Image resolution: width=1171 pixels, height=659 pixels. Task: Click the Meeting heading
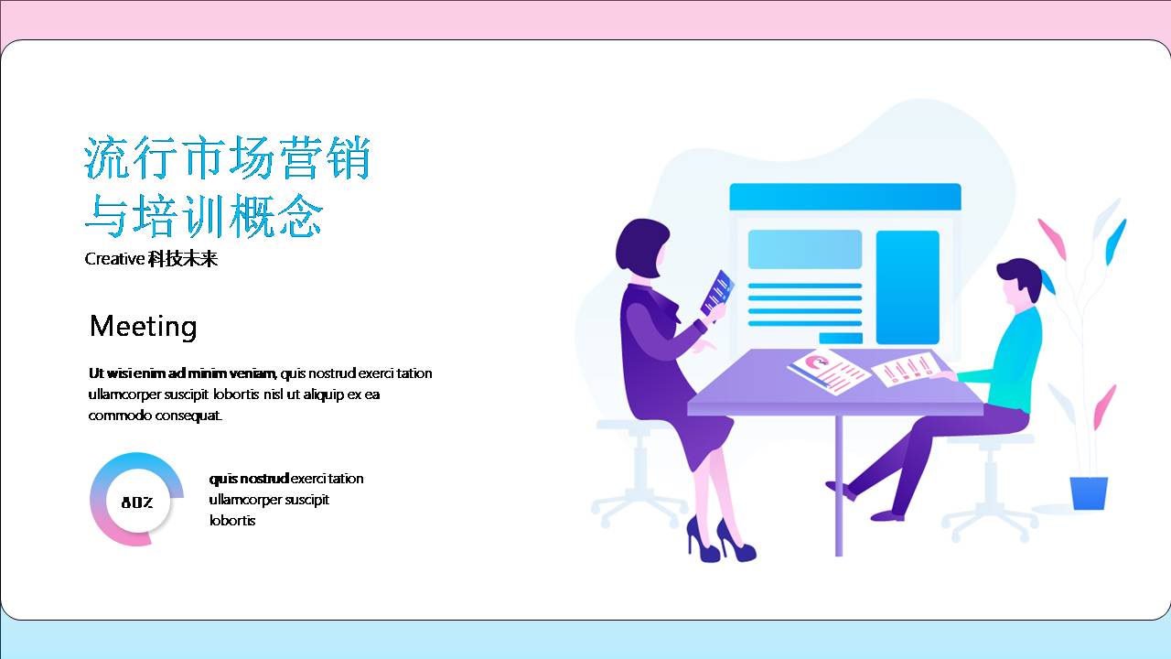(143, 327)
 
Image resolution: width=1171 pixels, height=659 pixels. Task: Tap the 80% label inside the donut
(136, 502)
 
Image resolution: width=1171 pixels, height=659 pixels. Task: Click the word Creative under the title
(114, 259)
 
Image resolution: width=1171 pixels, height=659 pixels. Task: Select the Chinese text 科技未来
(183, 259)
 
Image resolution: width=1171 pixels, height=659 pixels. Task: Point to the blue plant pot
(1089, 492)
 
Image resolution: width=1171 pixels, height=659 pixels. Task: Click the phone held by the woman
(717, 292)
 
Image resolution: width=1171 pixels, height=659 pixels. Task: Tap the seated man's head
(1018, 283)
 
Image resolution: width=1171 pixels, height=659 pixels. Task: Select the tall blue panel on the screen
(908, 286)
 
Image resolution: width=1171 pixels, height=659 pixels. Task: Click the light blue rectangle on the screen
(805, 249)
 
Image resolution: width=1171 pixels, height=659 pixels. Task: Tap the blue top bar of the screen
(844, 197)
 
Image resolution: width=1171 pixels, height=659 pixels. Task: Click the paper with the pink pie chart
(828, 370)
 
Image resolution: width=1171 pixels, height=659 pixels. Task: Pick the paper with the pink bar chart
(906, 369)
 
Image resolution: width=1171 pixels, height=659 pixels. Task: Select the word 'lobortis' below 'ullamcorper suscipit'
(232, 521)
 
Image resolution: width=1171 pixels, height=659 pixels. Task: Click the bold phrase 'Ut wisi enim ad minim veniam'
(182, 373)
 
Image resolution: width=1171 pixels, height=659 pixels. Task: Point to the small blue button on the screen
(841, 338)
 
